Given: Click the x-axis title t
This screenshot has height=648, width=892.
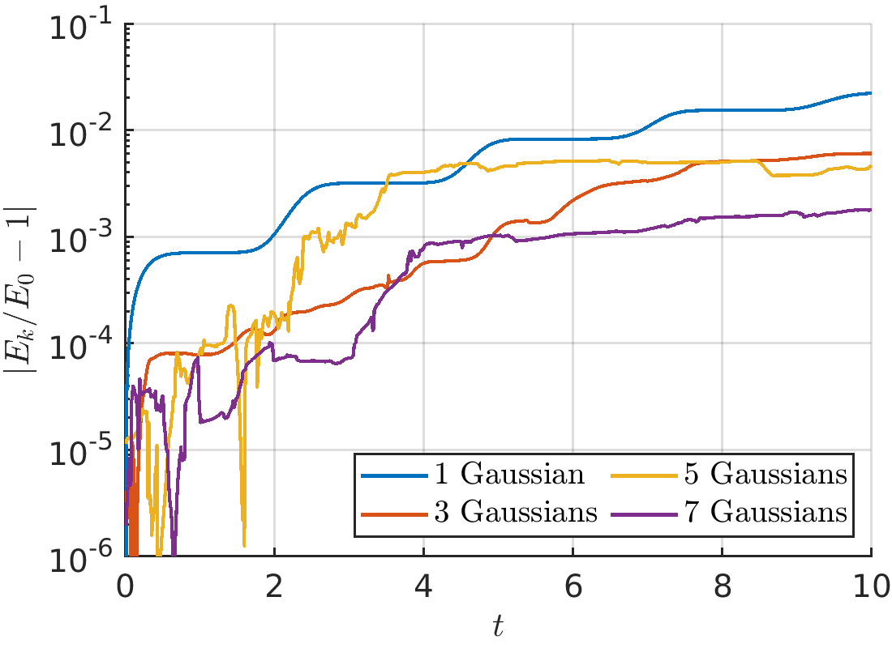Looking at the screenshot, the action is (499, 626).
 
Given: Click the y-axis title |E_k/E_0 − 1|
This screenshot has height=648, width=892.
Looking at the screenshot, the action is (20, 289).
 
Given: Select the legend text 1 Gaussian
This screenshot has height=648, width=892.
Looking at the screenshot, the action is (510, 474).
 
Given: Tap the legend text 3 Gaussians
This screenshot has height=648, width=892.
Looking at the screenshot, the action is (516, 512).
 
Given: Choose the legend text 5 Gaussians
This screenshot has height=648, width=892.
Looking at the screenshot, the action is (765, 474).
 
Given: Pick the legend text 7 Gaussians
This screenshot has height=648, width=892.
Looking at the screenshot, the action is (765, 512).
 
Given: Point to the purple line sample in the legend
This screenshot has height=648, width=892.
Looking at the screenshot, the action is (645, 514).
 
